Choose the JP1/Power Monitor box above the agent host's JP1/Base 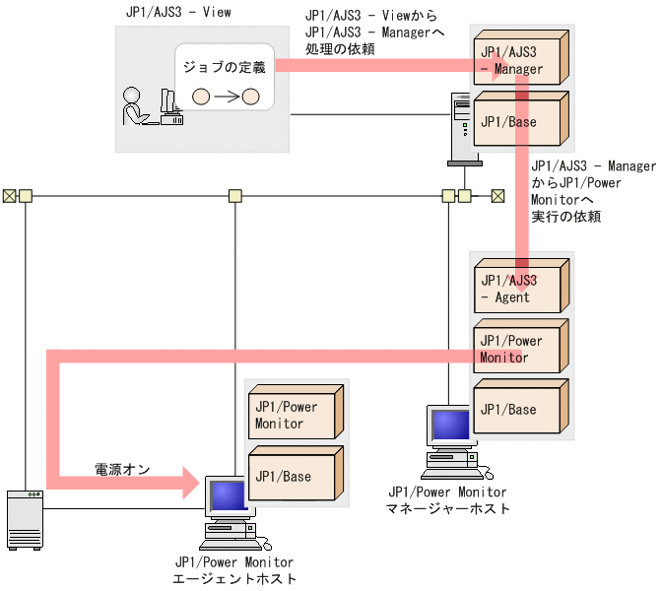tap(293, 415)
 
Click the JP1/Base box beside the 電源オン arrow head tap(293, 476)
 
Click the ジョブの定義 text tap(224, 67)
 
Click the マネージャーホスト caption tap(448, 508)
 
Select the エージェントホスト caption tap(234, 579)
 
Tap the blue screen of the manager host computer tap(451, 425)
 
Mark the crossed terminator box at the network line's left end tap(9, 195)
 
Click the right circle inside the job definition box tap(249, 97)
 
